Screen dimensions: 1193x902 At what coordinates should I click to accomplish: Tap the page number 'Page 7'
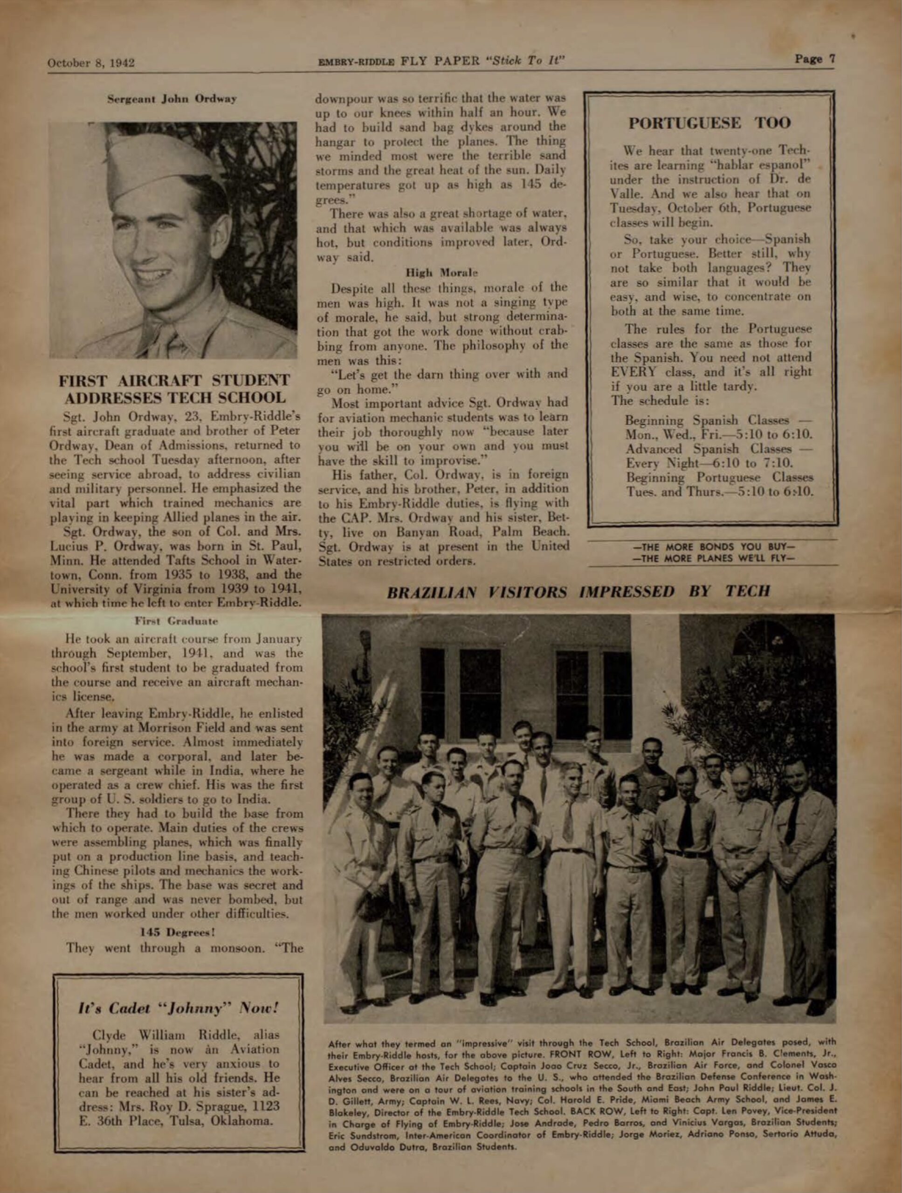[815, 59]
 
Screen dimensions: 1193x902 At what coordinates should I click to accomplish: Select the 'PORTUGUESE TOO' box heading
[709, 123]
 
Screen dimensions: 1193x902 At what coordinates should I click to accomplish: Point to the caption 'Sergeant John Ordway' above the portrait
[172, 99]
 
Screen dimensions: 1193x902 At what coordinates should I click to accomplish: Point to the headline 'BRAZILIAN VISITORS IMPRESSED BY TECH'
[578, 592]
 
